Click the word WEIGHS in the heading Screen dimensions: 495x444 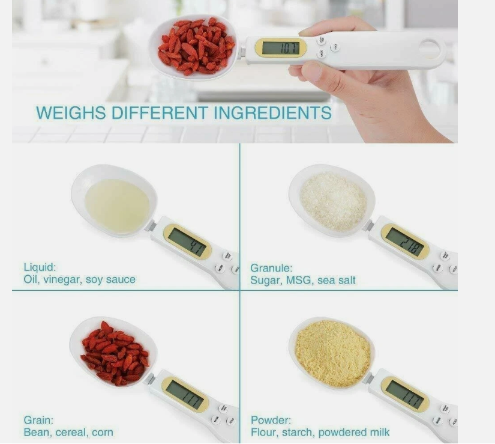point(71,113)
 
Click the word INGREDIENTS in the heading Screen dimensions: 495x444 point(273,113)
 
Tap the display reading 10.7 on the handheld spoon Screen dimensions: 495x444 point(281,47)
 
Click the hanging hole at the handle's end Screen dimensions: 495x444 point(430,49)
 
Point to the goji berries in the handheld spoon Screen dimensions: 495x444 point(196,46)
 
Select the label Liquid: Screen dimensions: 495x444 point(40,267)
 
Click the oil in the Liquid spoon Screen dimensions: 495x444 point(118,205)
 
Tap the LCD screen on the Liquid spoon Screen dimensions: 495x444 point(187,242)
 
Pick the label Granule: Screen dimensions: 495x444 point(271,269)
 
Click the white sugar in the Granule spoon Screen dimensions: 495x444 point(334,202)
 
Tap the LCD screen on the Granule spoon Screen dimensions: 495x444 point(405,242)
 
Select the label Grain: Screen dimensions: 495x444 point(38,420)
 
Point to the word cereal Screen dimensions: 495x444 point(74,433)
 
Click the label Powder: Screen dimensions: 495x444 point(271,421)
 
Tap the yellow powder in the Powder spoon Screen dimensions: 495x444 point(333,353)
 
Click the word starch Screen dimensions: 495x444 point(296,433)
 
